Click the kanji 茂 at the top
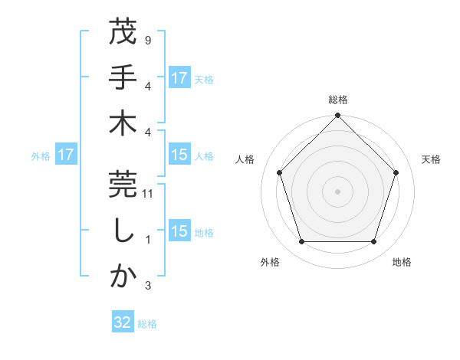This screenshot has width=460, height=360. [x=123, y=34]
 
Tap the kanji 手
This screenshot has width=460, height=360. [x=123, y=78]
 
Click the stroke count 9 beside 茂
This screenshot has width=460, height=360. [x=147, y=40]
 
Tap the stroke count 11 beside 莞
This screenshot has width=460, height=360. [x=148, y=195]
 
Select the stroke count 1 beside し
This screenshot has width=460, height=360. [x=147, y=240]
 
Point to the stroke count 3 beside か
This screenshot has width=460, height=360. [x=147, y=286]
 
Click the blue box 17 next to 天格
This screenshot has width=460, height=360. [x=179, y=78]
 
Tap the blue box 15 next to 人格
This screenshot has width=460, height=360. [x=179, y=155]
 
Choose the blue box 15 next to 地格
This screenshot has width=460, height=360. [x=179, y=231]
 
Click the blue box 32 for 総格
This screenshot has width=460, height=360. [x=123, y=322]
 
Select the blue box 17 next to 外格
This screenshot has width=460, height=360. [x=66, y=155]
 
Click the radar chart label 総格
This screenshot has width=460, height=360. [x=338, y=100]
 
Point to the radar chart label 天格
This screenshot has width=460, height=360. [x=432, y=159]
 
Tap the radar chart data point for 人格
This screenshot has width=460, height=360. [x=279, y=172]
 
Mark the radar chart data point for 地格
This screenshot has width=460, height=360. [x=374, y=242]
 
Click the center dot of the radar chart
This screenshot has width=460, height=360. [x=338, y=191]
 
